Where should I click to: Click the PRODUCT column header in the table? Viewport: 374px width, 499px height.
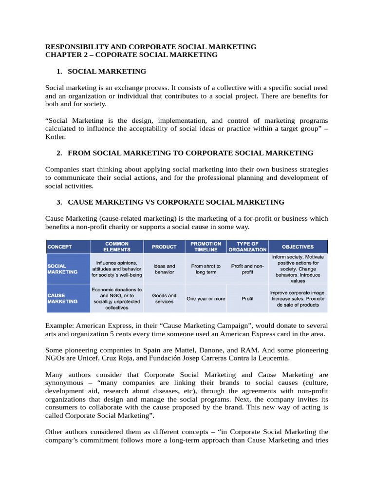click(x=164, y=247)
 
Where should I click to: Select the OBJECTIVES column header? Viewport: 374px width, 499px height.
click(x=298, y=247)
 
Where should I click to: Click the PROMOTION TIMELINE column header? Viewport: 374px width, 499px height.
click(x=206, y=247)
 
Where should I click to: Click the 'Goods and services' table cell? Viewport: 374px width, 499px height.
click(x=164, y=298)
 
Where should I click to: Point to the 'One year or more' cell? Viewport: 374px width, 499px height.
click(x=206, y=299)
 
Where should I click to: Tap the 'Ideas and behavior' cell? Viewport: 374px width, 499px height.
click(x=164, y=269)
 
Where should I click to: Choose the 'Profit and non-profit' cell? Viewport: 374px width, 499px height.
click(x=247, y=269)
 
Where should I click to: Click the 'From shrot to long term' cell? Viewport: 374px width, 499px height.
click(x=206, y=269)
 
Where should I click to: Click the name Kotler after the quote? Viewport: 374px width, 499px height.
click(x=55, y=137)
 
